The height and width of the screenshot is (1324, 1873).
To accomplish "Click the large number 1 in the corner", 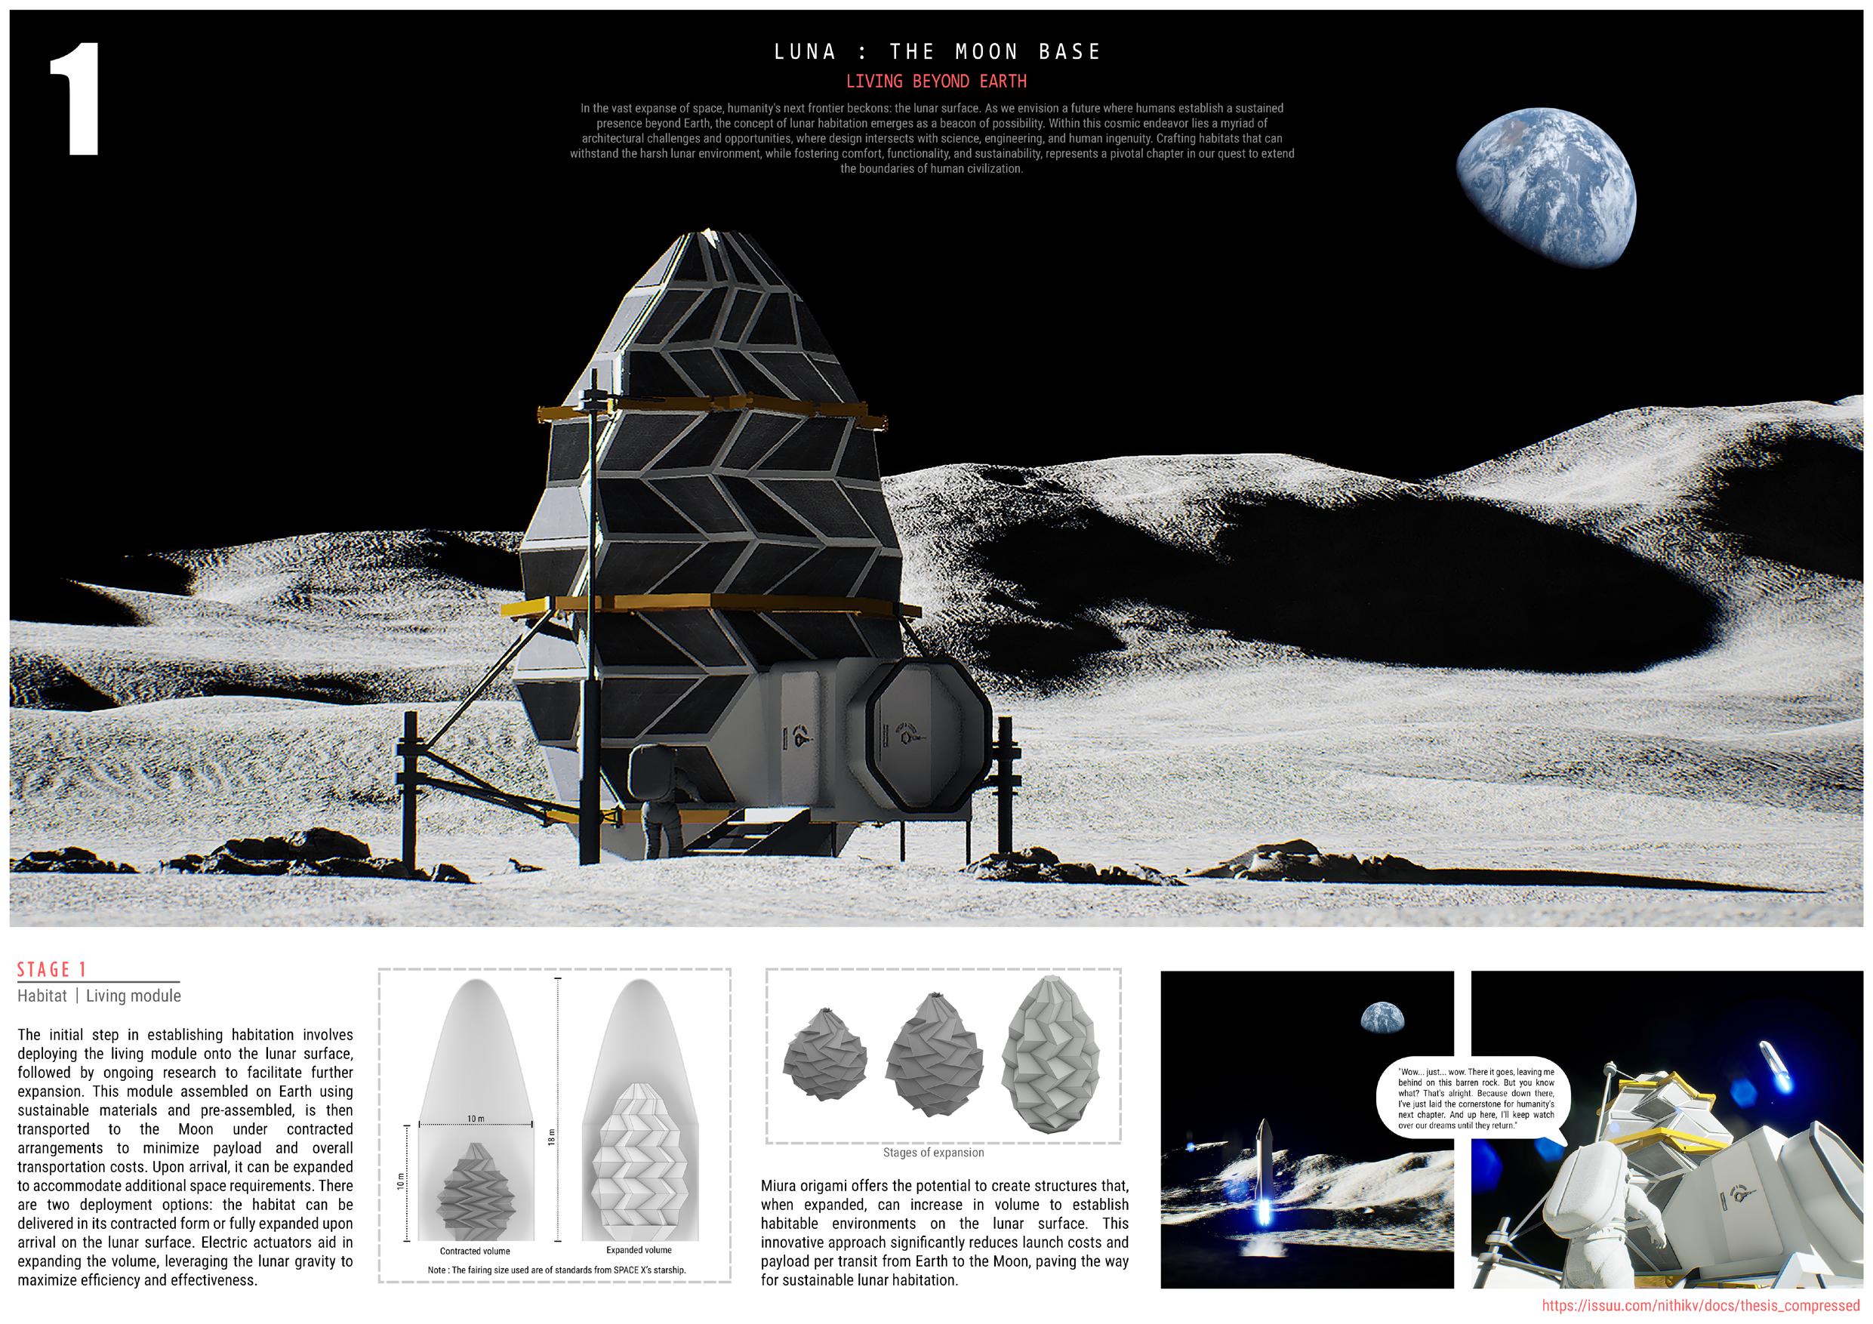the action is coord(75,100).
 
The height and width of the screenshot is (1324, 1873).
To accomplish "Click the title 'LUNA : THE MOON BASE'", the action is coord(938,52).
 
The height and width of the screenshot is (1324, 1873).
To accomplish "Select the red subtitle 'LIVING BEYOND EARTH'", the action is coord(935,82).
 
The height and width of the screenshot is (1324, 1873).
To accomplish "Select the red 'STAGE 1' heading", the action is coord(52,969).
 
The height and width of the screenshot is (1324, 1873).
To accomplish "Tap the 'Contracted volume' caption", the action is coord(475,1251).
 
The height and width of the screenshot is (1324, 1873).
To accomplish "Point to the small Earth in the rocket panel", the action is coord(1383,1017).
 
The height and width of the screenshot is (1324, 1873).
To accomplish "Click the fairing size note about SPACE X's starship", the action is coord(556,1270).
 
